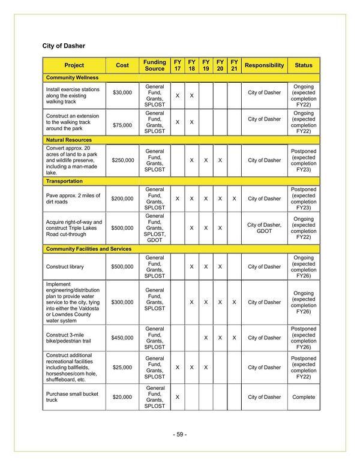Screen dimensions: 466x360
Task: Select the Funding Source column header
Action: coord(155,65)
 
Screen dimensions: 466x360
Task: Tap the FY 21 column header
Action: coord(234,65)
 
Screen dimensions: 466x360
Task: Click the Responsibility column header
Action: coord(264,65)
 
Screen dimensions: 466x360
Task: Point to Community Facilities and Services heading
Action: coord(88,248)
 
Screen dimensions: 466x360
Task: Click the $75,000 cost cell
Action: coord(122,125)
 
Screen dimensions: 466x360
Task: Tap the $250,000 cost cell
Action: coord(122,160)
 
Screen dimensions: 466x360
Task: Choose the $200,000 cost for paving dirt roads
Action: coord(122,199)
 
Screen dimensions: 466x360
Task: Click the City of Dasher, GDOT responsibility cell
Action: coord(264,229)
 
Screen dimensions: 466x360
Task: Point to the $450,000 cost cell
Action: coord(122,338)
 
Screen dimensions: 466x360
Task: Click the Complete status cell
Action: coord(303,397)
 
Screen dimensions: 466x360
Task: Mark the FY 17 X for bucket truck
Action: coord(178,397)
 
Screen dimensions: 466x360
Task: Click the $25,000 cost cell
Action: coord(122,367)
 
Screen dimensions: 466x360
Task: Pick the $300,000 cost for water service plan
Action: coord(122,302)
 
